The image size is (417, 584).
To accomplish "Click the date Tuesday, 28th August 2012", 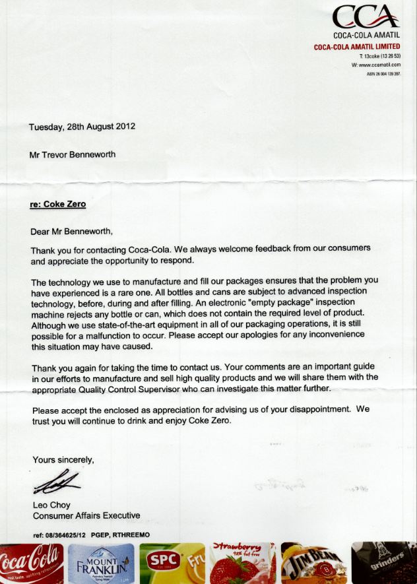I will point(82,126).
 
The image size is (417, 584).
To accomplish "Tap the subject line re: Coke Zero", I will point(58,204).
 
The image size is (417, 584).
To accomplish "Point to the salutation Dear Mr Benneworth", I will point(72,231).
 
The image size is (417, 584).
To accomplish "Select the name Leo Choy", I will point(51,505).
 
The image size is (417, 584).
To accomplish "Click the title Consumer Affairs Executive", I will point(86,515).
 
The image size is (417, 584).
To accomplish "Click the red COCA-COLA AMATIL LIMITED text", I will point(357,47).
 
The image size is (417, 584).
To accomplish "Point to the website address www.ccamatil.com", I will point(378,66).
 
